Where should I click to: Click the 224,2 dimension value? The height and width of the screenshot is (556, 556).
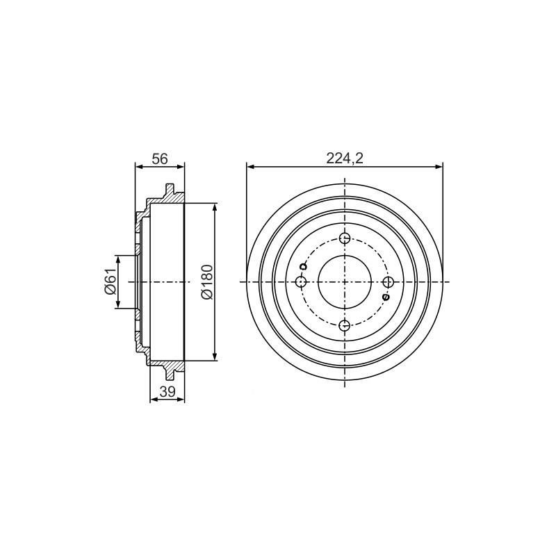tap(345, 159)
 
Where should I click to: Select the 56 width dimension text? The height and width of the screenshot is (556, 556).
tap(160, 159)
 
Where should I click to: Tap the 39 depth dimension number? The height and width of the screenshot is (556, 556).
tap(167, 392)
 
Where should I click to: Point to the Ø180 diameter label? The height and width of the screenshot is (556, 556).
tap(207, 282)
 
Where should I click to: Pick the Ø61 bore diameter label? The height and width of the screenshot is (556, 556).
tap(111, 281)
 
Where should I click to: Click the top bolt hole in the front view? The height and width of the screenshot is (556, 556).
tap(345, 238)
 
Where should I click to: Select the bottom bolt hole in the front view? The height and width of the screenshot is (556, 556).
tap(345, 325)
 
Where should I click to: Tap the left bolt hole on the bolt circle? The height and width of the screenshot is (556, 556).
tap(301, 282)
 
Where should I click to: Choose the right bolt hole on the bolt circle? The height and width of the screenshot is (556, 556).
tap(389, 282)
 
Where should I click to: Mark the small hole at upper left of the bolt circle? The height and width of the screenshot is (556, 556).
tap(302, 267)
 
